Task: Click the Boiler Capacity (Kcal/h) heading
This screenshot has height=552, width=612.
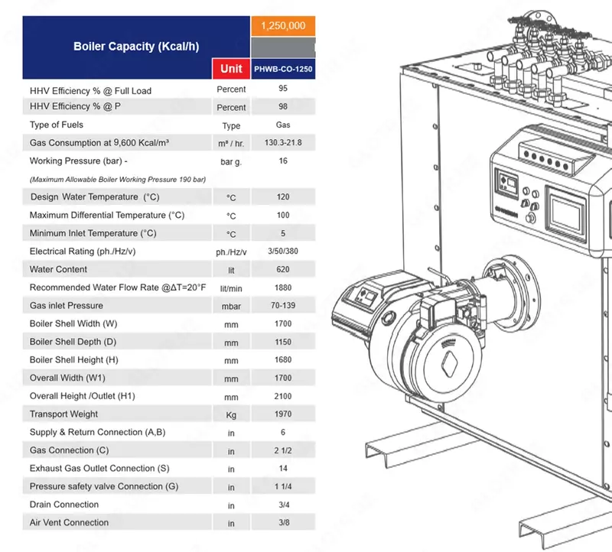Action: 136,47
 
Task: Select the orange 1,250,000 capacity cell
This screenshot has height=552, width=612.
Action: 283,26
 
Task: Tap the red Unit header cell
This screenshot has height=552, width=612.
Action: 231,69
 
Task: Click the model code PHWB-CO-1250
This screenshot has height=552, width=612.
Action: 283,69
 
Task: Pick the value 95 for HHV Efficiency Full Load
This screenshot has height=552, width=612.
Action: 283,89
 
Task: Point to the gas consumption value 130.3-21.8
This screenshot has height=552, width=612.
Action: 283,143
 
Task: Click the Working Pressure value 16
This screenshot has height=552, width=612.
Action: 283,161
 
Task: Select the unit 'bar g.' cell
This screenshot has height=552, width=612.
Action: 231,162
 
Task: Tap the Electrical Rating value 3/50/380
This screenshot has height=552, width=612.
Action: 283,252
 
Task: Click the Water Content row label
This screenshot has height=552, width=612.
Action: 58,269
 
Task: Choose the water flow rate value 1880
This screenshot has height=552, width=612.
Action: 283,287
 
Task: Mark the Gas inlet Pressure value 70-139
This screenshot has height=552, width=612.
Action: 283,306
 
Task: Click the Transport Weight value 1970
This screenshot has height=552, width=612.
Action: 283,414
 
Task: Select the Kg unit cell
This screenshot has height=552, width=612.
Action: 231,415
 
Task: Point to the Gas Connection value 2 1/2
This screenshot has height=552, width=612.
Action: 283,450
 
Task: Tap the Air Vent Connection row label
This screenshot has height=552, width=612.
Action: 69,522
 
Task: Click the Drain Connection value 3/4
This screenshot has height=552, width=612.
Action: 283,505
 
